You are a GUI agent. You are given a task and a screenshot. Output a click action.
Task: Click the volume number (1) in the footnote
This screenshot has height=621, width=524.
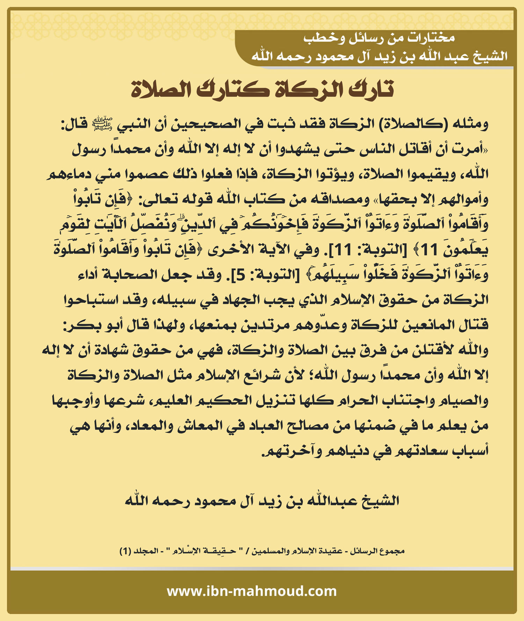125,551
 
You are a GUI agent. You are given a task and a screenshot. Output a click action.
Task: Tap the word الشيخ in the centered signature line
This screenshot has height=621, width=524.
381,501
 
